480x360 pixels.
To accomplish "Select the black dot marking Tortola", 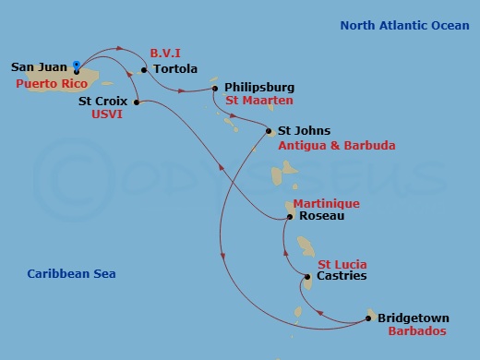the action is point(144,69).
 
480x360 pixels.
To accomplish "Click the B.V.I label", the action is point(165,54).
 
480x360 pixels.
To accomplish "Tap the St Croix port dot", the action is point(137,102).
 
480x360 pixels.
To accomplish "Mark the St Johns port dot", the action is point(269,131).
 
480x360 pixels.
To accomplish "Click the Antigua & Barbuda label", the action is point(337,146).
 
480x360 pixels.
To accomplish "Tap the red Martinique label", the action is point(326,203).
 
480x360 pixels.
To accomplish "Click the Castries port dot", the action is point(308,275).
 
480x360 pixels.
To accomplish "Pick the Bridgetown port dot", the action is point(371,318).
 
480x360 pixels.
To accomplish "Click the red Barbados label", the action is point(417,331).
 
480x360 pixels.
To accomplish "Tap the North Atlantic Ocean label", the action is point(404,26).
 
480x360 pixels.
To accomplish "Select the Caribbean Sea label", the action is point(71,274).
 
